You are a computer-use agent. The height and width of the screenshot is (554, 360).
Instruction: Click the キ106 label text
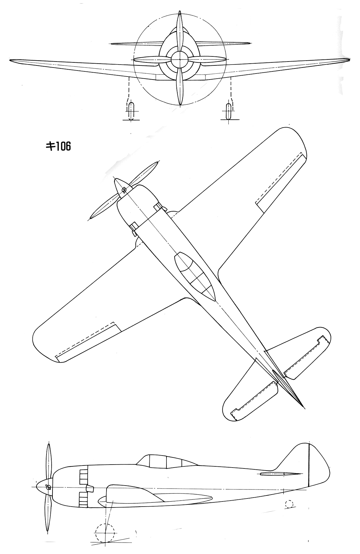click(x=58, y=147)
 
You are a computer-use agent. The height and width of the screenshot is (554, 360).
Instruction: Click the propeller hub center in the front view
click(x=180, y=59)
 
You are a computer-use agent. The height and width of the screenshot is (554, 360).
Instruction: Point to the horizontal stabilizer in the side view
click(x=281, y=474)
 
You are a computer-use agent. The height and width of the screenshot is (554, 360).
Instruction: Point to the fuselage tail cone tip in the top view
click(x=304, y=408)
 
